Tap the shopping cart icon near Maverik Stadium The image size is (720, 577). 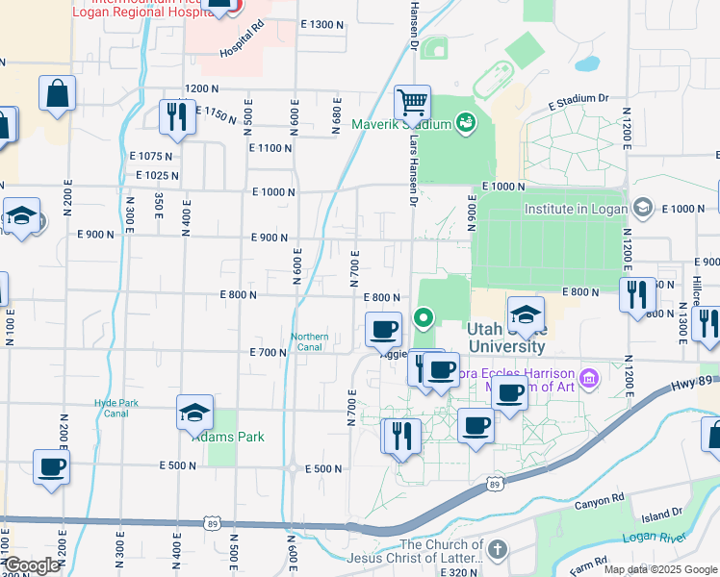coord(412,100)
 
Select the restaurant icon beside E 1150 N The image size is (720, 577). coord(177,115)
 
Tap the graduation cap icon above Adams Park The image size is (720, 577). coord(194,412)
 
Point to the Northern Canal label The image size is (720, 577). coord(310,342)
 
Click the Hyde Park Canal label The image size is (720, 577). coord(112,408)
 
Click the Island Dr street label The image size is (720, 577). coord(662,514)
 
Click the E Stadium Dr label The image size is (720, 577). coord(579,98)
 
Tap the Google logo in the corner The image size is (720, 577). coord(31,565)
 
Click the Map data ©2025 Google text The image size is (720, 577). coord(659,569)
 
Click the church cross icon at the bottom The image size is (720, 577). coord(497,550)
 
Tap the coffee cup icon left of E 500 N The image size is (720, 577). coord(50,466)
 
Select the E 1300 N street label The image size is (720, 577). coord(321,24)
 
